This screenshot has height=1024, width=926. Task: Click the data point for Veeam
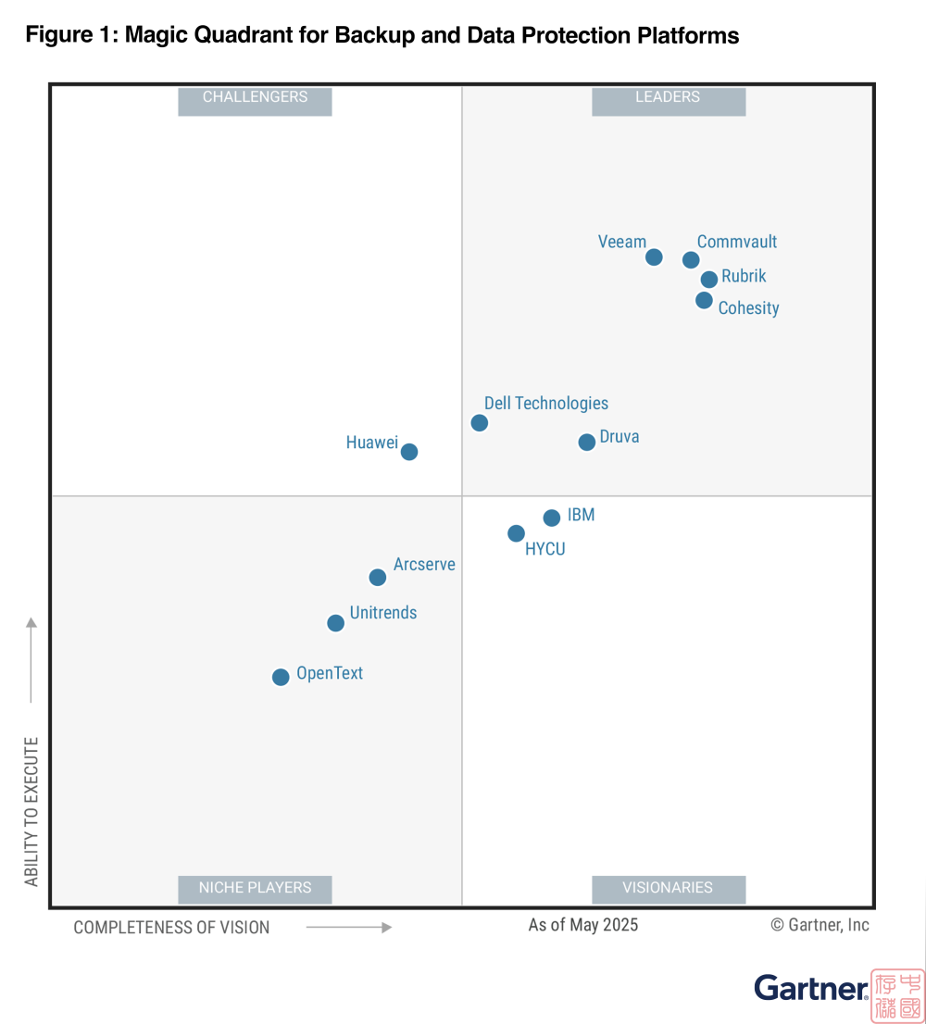point(654,257)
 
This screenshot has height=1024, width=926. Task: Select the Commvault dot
point(691,260)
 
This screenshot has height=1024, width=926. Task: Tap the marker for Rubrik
point(709,280)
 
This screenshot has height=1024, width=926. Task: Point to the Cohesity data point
point(704,300)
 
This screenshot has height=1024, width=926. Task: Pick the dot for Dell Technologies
point(479,423)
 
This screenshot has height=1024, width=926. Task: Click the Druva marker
point(587,443)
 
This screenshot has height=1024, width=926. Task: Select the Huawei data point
point(409,452)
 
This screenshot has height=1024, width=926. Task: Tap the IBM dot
point(552,518)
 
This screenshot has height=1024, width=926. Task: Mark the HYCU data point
point(517,533)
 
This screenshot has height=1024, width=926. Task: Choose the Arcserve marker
point(378,578)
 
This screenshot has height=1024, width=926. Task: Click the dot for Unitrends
point(336,623)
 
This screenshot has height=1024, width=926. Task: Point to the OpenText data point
point(281,677)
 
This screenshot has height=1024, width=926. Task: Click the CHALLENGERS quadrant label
point(255,97)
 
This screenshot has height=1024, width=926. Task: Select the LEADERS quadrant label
point(668,97)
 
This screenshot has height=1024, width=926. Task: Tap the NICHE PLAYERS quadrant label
point(255,888)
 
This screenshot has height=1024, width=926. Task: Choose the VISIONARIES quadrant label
point(668,888)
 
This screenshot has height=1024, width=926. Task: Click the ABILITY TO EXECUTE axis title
point(32,812)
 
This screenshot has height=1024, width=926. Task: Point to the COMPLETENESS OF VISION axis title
point(172,928)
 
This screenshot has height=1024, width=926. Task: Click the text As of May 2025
point(583,925)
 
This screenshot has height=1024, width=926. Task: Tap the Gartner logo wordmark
point(810,988)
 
